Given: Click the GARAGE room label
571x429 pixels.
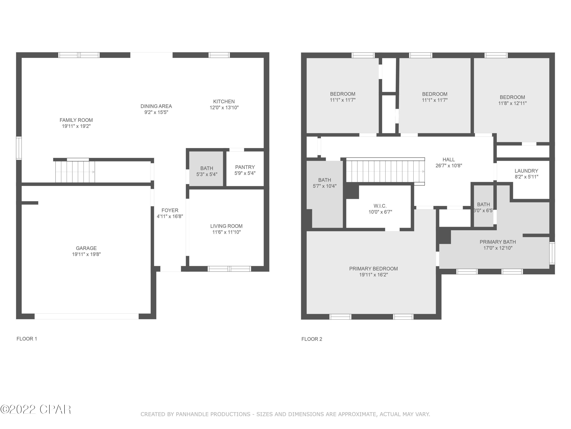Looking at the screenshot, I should click(86, 248).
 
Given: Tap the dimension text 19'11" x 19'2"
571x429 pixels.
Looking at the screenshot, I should click(76, 126).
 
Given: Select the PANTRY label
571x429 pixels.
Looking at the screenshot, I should click(245, 167).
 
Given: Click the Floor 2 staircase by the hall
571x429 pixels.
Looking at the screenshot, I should click(385, 171).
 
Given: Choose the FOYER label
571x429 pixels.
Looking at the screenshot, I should click(170, 210).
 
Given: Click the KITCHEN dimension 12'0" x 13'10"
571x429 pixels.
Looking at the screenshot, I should click(224, 108).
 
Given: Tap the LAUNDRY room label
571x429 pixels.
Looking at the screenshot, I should click(526, 171).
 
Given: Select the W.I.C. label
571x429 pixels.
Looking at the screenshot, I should click(380, 206).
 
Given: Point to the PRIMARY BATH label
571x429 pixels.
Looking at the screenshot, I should click(497, 242).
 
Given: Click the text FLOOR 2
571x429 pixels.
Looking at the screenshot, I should click(312, 339).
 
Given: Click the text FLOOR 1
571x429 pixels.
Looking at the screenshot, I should click(27, 339).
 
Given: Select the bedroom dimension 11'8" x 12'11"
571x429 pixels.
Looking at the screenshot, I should click(512, 103).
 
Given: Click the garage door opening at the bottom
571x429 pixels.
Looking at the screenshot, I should click(86, 316).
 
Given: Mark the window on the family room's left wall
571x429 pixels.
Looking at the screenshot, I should click(19, 148).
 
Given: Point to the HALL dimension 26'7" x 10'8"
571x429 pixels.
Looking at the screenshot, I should click(449, 165).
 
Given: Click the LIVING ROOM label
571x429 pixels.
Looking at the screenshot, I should click(226, 226).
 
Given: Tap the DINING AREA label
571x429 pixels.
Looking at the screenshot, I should click(156, 106).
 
